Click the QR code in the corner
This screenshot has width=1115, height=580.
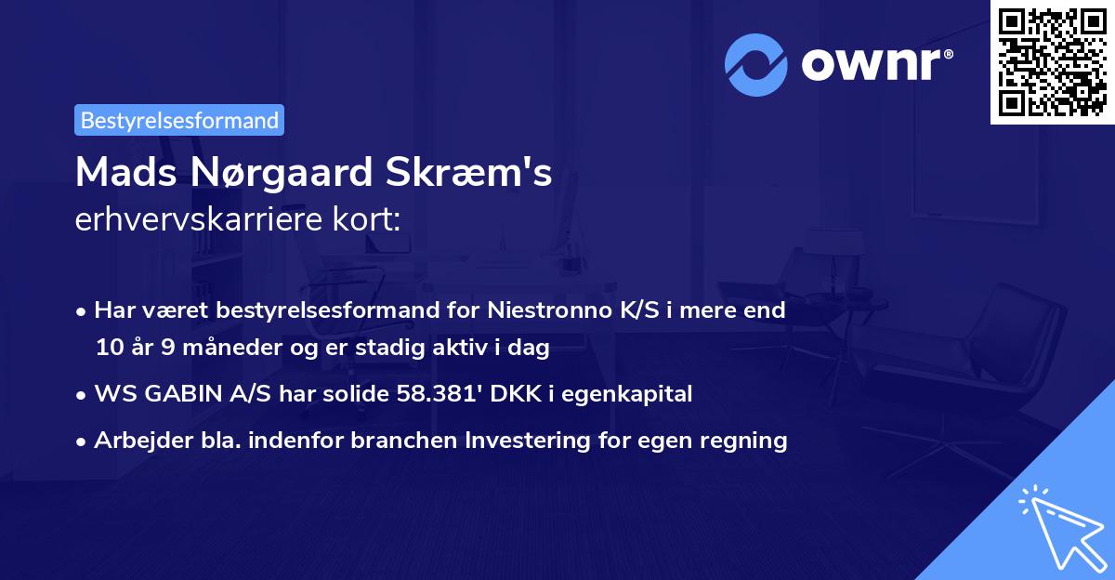1051,61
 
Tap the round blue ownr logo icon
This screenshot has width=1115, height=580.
756,65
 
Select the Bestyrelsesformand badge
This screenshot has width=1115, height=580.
179,120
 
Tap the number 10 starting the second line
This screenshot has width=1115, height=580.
108,349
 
